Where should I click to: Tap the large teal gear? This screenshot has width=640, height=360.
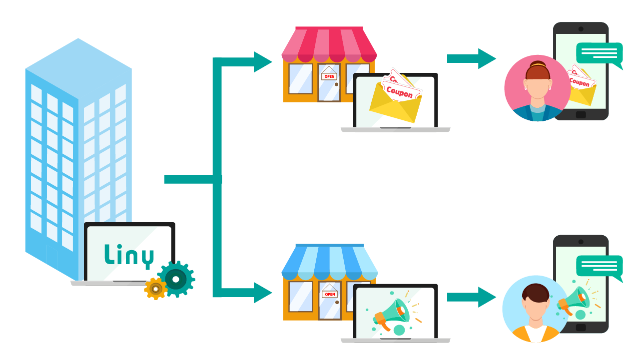pyautogui.click(x=176, y=279)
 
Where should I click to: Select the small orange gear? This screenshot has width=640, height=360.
pyautogui.click(x=155, y=289)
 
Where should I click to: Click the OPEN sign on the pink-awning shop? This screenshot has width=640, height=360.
pyautogui.click(x=329, y=76)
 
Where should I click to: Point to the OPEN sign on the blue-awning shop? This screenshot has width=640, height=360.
pyautogui.click(x=329, y=294)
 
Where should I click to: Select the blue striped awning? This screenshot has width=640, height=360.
pyautogui.click(x=329, y=262)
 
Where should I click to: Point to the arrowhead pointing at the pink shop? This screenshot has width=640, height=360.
pyautogui.click(x=262, y=62)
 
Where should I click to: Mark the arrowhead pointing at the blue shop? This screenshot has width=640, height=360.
pyautogui.click(x=262, y=293)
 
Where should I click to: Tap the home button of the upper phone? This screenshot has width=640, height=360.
pyautogui.click(x=581, y=115)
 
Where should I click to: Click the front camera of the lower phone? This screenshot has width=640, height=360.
pyautogui.click(x=581, y=242)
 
